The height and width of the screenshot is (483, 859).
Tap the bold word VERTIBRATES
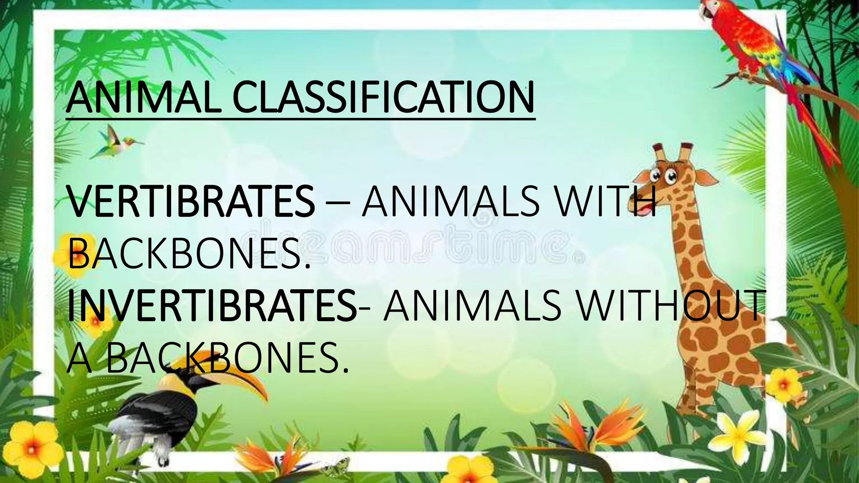[190, 201]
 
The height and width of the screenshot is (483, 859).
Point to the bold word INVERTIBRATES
[212, 306]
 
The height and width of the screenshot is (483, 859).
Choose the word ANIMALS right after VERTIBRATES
[450, 201]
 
